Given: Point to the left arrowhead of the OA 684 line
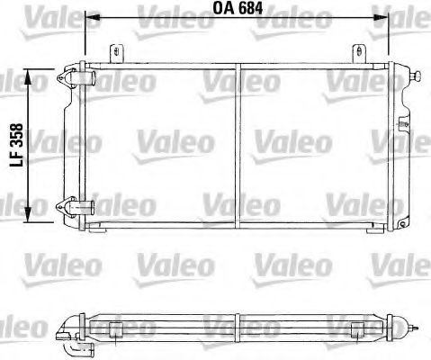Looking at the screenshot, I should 90,18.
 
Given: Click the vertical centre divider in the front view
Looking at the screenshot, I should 238,144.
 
